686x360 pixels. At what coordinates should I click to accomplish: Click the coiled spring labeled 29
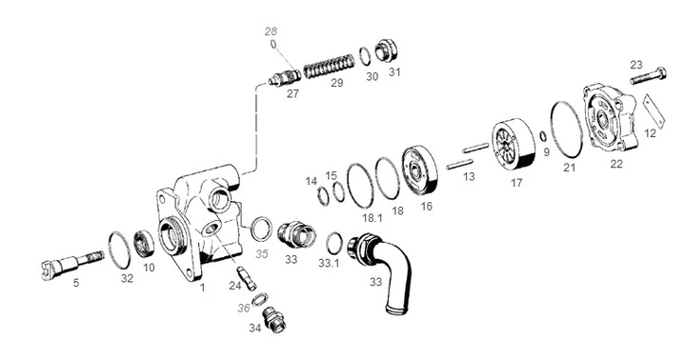328,70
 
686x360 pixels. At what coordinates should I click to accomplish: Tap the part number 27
293,94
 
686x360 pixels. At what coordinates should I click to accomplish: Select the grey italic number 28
271,32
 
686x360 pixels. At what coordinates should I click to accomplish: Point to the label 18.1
362,218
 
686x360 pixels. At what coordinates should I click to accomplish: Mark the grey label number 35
263,254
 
